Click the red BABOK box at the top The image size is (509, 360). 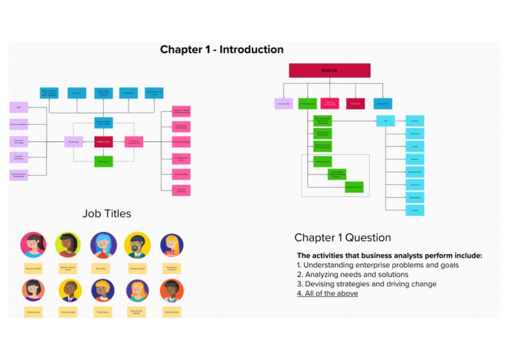pyautogui.click(x=329, y=70)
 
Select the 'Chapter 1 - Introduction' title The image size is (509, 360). pyautogui.click(x=221, y=50)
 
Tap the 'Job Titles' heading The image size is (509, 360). pyautogui.click(x=107, y=213)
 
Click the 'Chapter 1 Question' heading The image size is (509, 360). pyautogui.click(x=342, y=237)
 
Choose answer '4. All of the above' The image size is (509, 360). pyautogui.click(x=327, y=293)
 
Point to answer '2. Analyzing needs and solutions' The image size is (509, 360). pyautogui.click(x=353, y=274)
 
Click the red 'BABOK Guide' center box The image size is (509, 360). pyautogui.click(x=103, y=141)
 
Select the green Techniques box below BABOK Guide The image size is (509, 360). pyautogui.click(x=103, y=161)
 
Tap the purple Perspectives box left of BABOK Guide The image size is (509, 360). pyautogui.click(x=73, y=141)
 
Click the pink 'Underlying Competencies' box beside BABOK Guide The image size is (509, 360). pyautogui.click(x=134, y=141)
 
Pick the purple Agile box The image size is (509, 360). pyautogui.click(x=19, y=107)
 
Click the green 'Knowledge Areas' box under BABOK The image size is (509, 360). pyautogui.click(x=308, y=103)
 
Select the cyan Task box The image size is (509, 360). pyautogui.click(x=385, y=121)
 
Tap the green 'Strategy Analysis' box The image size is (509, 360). pyautogui.click(x=323, y=161)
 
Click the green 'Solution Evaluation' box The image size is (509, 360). pyautogui.click(x=354, y=187)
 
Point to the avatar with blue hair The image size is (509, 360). pyautogui.click(x=103, y=245)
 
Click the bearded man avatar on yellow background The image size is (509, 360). pyautogui.click(x=137, y=245)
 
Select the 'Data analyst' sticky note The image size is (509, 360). pyautogui.click(x=103, y=269)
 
